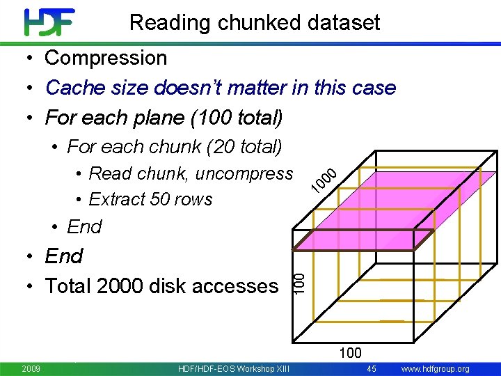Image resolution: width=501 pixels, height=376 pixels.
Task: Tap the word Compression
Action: [x=106, y=58]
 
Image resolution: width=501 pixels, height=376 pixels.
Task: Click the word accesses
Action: [x=239, y=285]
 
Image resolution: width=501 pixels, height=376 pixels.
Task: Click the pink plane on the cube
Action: [x=390, y=209]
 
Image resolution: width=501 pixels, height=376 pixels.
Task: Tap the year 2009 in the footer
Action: [x=31, y=368]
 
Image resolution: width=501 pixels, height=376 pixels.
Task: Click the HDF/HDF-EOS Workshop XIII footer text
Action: [x=234, y=368]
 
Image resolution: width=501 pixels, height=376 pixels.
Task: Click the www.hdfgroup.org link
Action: [x=436, y=368]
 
